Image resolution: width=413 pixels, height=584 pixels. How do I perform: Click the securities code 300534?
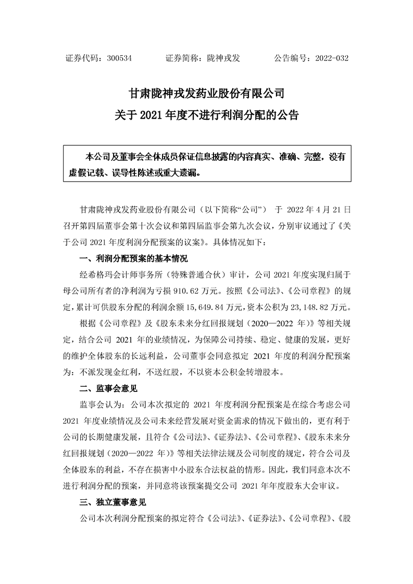[x=118, y=59]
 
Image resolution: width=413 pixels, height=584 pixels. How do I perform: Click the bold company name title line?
[x=206, y=94]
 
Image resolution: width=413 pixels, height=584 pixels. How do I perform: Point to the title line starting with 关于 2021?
[x=206, y=115]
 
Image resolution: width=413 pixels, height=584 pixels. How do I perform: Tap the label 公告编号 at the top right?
[x=290, y=59]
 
